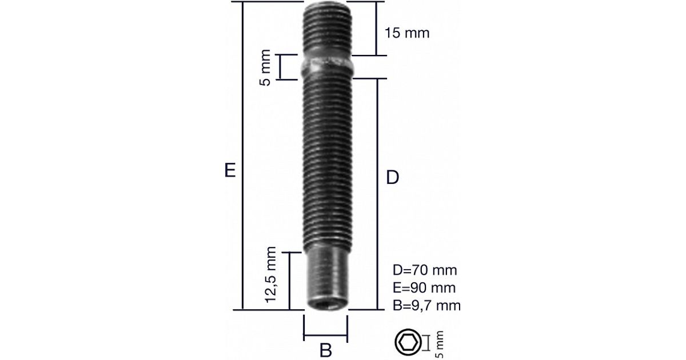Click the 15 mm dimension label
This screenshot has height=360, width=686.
click(x=406, y=33)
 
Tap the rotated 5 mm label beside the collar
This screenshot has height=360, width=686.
click(x=265, y=67)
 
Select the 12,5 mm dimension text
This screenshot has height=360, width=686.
click(x=271, y=275)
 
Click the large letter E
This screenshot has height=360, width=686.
click(x=230, y=170)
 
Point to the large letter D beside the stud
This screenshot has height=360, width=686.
click(x=392, y=177)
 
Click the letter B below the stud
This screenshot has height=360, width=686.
click(x=325, y=350)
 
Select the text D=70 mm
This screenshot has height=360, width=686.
click(x=425, y=270)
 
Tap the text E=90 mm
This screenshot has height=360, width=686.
click(x=424, y=288)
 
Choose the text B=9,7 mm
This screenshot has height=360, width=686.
click(x=426, y=306)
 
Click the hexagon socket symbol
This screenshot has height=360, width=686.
click(x=408, y=342)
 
